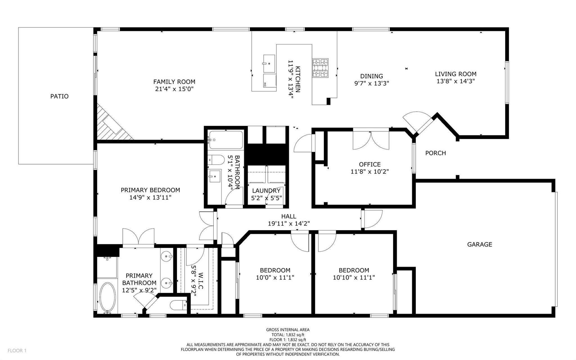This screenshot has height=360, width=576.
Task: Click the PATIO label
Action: [59, 96]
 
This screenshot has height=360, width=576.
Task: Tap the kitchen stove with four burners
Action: [320, 68]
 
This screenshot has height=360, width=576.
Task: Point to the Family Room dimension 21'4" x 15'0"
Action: [174, 89]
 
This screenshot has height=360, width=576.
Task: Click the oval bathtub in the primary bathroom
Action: [108, 298]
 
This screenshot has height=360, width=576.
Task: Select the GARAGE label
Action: [480, 244]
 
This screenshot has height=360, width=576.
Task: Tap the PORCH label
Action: [435, 153]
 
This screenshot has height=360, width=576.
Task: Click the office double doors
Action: [371, 140]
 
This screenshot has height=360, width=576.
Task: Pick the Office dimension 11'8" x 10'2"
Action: [370, 171]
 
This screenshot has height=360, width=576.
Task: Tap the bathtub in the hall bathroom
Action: [226, 140]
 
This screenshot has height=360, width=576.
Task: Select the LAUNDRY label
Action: [266, 191]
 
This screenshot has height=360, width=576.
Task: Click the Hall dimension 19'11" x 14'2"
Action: [289, 223]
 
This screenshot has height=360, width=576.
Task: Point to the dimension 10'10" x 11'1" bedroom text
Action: [354, 278]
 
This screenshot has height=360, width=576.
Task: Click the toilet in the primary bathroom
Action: [179, 305]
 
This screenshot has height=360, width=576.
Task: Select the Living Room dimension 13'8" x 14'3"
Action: [456, 81]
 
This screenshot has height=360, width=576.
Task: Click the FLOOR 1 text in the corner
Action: [17, 350]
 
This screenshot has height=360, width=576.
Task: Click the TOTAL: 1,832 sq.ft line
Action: [288, 335]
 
